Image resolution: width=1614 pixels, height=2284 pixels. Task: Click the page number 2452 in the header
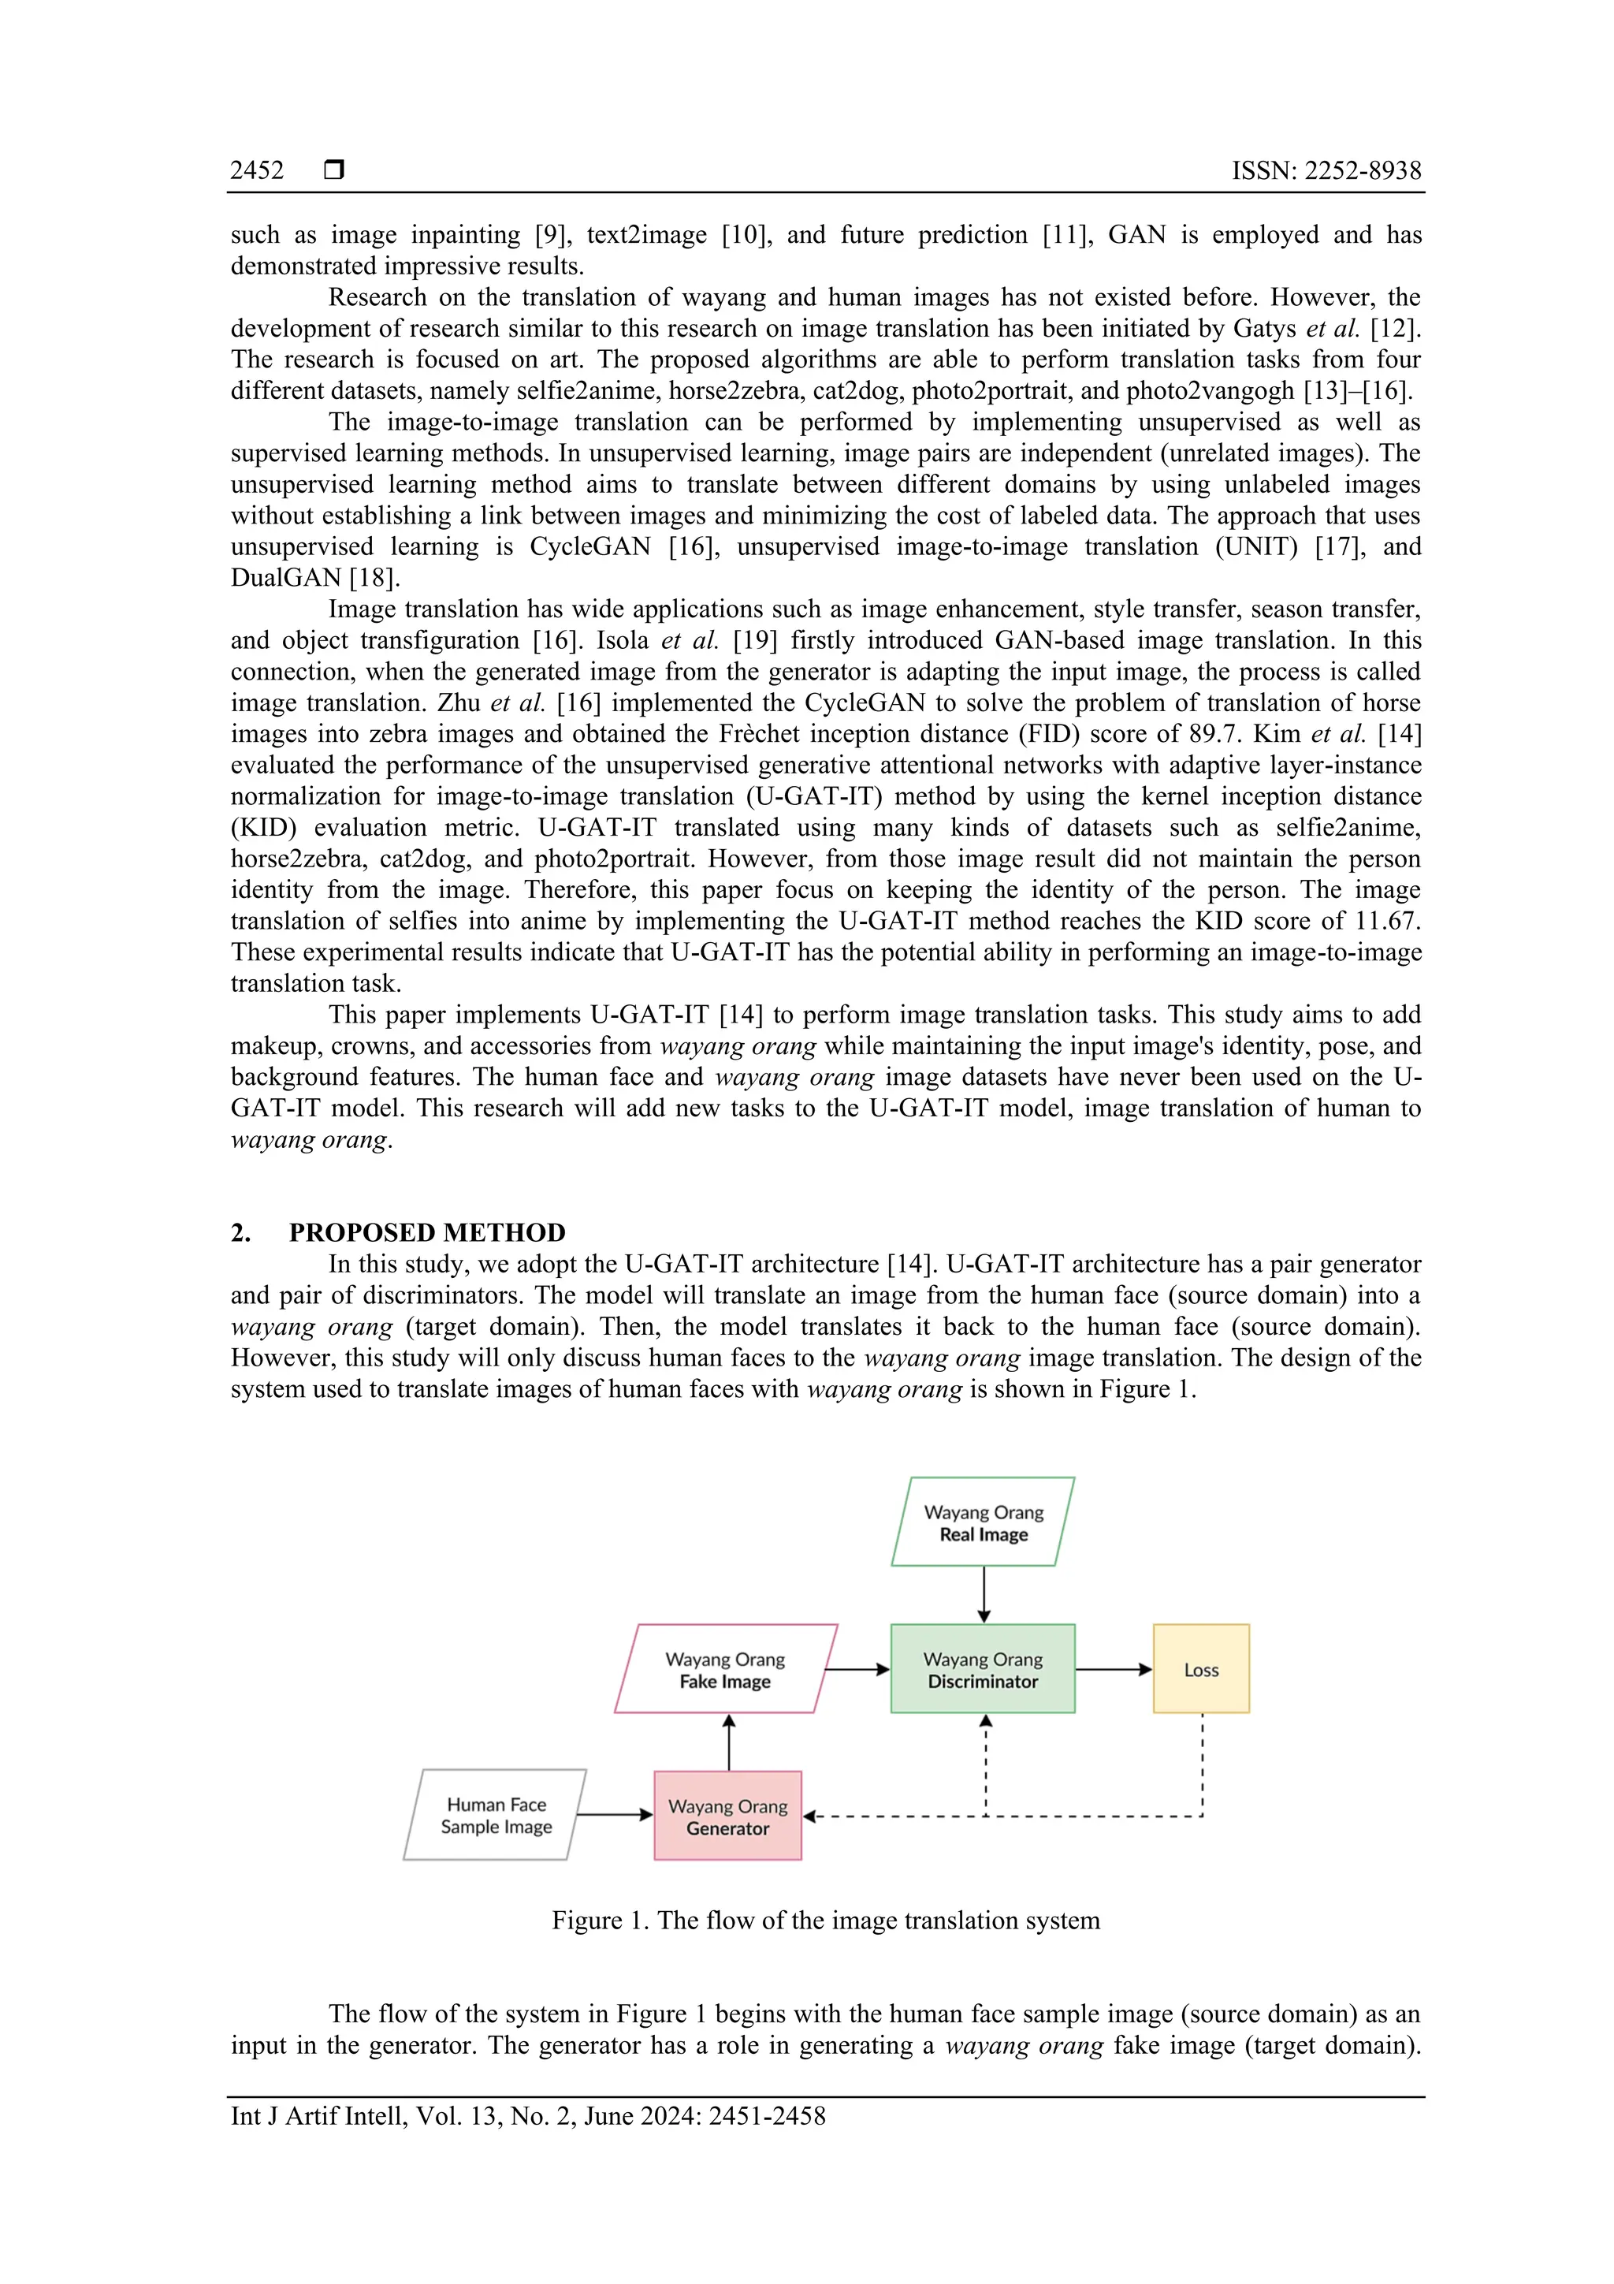(257, 171)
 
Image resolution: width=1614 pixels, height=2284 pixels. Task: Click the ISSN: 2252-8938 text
(1326, 171)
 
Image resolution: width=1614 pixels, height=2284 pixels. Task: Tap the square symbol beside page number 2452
(334, 170)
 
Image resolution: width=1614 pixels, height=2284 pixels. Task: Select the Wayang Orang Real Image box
(983, 1522)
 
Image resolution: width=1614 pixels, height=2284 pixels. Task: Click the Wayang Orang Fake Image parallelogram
(725, 1669)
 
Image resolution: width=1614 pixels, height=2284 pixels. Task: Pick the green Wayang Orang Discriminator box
(983, 1669)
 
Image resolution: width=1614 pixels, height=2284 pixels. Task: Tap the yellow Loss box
(1200, 1669)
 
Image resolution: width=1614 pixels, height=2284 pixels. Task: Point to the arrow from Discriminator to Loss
(1113, 1669)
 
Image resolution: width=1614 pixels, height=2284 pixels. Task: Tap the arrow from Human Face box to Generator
(614, 1814)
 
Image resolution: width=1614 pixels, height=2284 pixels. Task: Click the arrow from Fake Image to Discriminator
(857, 1669)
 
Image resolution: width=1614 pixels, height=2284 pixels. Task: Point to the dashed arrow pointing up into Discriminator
(986, 1761)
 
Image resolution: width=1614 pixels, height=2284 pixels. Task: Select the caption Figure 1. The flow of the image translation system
(825, 1920)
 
